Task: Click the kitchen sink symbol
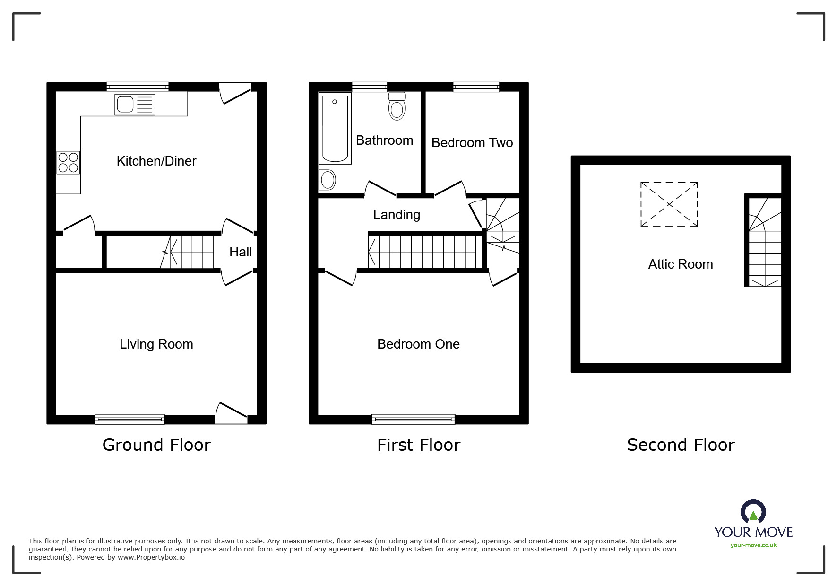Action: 135,105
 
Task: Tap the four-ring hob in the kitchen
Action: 68,162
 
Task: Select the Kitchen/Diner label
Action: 156,161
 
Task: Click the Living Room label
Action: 156,344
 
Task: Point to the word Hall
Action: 241,252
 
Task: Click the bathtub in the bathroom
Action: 335,129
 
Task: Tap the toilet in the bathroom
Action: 397,106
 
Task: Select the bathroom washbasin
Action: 327,180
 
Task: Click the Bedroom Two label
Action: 472,143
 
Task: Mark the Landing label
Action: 397,215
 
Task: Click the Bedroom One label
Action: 418,344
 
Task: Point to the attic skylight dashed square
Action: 669,204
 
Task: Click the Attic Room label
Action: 681,264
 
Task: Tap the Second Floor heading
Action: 681,445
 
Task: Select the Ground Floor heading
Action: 156,445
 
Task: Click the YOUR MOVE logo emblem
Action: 753,513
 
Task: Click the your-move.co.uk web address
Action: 753,545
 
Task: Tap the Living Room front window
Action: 129,419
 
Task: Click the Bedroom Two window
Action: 476,87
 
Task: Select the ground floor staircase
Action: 189,252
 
